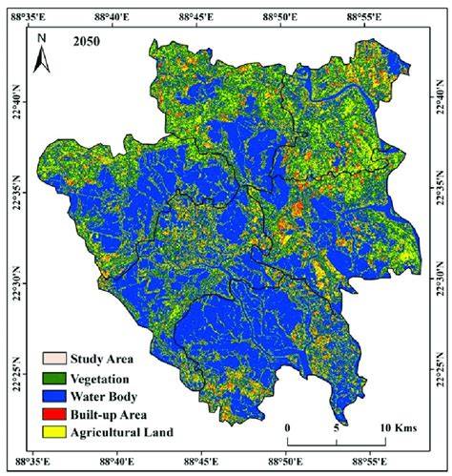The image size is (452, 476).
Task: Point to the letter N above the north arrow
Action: click(41, 40)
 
